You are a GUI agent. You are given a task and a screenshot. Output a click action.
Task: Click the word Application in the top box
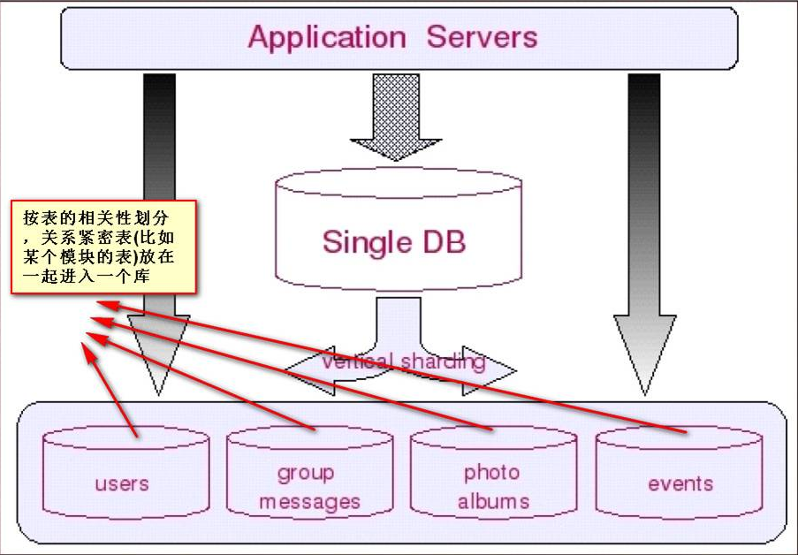coord(327,38)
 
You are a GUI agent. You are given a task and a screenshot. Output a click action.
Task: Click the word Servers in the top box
coord(482,36)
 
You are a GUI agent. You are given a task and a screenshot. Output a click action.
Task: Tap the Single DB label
coord(394,241)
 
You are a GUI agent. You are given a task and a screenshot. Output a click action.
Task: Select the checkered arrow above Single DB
coord(396,118)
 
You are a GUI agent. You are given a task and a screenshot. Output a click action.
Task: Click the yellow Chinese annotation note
coord(103,247)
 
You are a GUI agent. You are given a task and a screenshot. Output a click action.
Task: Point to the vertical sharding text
coord(404,361)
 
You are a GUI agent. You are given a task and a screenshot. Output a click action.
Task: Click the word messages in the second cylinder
coord(309,502)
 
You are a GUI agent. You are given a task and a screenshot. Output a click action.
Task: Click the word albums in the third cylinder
coord(493,501)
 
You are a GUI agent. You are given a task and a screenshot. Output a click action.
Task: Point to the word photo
coord(491,474)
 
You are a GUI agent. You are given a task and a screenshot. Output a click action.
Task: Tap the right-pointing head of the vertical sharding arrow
coord(489,370)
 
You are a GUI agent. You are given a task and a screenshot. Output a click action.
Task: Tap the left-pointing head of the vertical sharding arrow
coord(310,370)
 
